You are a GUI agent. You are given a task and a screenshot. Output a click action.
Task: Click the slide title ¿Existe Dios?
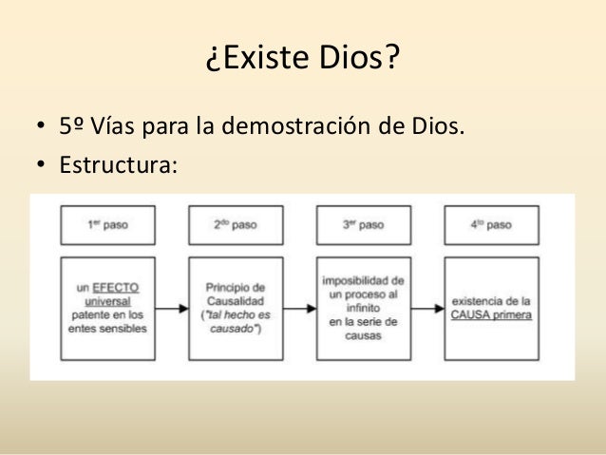tap(302, 62)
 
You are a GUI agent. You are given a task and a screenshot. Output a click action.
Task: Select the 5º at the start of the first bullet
tap(73, 125)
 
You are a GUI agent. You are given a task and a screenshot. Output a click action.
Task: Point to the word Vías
tap(115, 125)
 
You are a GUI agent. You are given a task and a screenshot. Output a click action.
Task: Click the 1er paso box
tap(107, 225)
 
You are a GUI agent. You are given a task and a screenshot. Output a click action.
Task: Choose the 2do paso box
tap(235, 225)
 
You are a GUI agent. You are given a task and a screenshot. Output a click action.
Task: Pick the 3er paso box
tap(364, 225)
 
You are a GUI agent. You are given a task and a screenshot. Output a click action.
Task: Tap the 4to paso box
tap(491, 225)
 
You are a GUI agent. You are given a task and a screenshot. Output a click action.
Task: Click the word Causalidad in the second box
tap(236, 301)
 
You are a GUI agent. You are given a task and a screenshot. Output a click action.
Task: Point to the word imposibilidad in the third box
tap(364, 281)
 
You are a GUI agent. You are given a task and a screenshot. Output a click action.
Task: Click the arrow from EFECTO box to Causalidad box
tap(171, 308)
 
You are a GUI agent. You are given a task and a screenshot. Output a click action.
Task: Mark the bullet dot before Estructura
tap(41, 166)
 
